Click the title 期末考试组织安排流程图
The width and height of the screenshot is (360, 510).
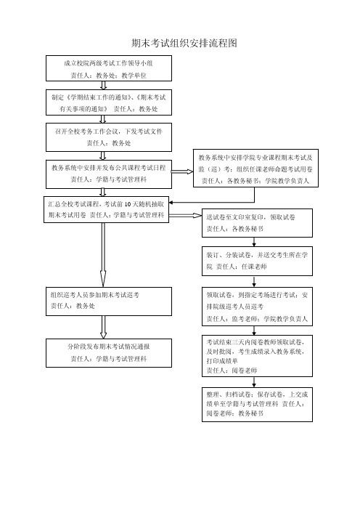[x=184, y=43]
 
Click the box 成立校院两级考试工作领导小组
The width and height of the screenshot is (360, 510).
[x=109, y=68]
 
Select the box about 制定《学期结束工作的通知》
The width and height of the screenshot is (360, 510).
[x=109, y=102]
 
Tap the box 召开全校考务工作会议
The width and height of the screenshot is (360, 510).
[x=109, y=137]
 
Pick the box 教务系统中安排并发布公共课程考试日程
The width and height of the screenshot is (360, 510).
[x=109, y=174]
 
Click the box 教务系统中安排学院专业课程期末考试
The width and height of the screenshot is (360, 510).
[x=255, y=168]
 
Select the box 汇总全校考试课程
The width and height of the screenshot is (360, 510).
[x=106, y=209]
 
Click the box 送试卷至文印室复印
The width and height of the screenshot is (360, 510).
[x=257, y=223]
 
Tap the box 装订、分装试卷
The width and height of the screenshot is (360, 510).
[x=257, y=261]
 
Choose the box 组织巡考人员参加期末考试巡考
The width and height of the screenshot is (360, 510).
[x=109, y=301]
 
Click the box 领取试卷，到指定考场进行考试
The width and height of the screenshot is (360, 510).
[x=257, y=307]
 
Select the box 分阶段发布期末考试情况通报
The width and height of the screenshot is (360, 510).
[x=109, y=353]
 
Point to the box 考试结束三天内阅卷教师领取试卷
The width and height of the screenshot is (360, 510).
[x=257, y=356]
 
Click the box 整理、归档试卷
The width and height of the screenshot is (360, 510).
[x=257, y=404]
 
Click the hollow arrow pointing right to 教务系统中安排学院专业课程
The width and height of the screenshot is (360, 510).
[x=182, y=171]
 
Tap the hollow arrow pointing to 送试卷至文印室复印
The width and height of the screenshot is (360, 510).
[x=186, y=215]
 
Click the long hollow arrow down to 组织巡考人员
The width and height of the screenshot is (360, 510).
[x=103, y=255]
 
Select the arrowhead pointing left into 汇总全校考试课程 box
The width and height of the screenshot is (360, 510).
[x=171, y=203]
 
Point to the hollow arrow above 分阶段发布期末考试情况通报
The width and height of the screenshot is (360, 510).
[x=103, y=327]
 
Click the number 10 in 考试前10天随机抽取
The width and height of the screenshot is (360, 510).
[x=128, y=204]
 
